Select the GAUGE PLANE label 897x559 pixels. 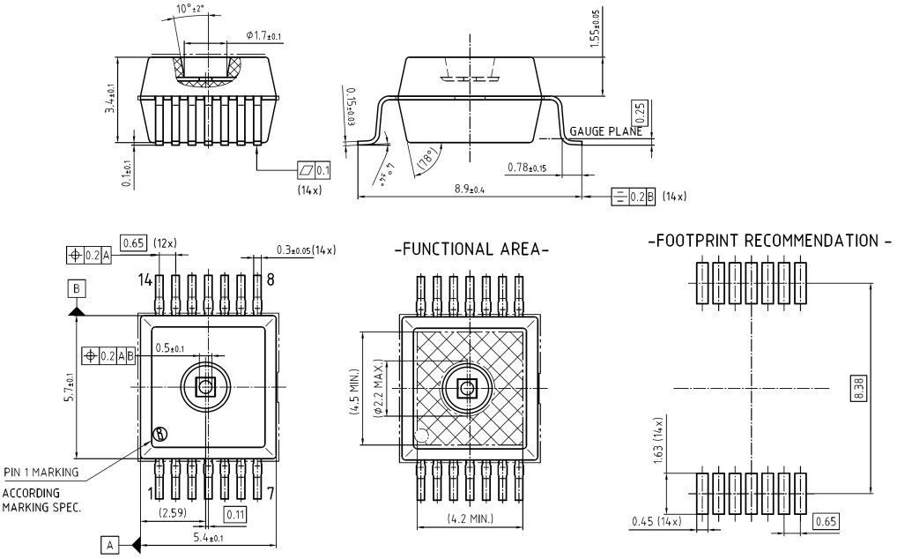pyautogui.click(x=606, y=131)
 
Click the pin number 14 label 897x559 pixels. pyautogui.click(x=145, y=280)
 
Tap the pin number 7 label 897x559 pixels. pyautogui.click(x=271, y=491)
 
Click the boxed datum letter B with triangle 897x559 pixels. pyautogui.click(x=77, y=290)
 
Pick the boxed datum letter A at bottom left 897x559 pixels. pyautogui.click(x=110, y=545)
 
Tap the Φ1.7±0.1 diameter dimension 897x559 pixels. pyautogui.click(x=264, y=35)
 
